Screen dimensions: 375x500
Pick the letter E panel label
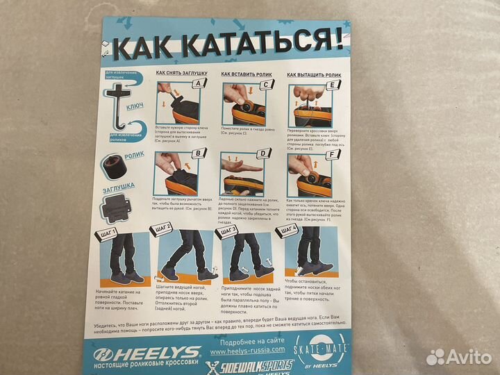pos(332,85)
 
